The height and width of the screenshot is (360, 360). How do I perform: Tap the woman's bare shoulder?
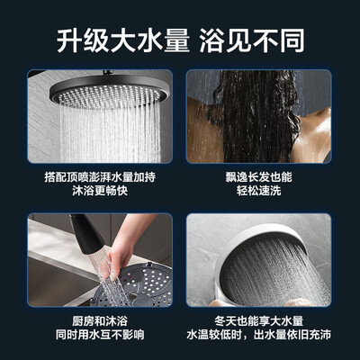310,135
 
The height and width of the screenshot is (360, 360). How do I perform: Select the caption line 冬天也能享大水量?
261,320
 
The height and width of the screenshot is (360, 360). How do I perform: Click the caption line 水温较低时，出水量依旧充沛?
261,337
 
